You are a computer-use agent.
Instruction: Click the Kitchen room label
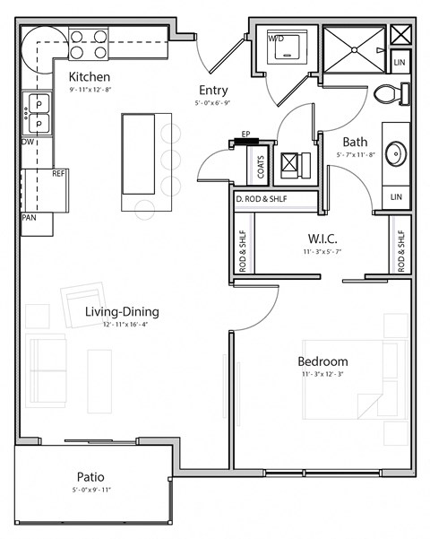(x=90, y=77)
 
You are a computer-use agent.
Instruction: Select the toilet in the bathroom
(x=391, y=93)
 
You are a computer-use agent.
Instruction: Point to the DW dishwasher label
(x=28, y=142)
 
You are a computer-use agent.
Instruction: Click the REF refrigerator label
(x=59, y=173)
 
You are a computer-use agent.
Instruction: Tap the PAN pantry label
(x=29, y=217)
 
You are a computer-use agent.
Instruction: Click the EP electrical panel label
(x=245, y=135)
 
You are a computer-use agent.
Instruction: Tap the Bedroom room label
(x=322, y=361)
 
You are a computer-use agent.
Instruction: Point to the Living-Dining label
(x=122, y=312)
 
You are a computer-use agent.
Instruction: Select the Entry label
(x=213, y=90)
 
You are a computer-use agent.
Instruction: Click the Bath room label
(x=355, y=142)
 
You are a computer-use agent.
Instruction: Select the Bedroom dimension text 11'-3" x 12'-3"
(x=322, y=375)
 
